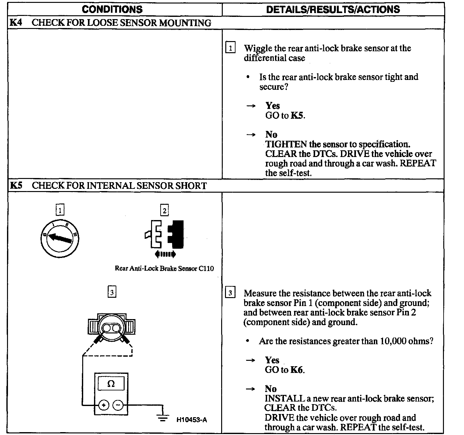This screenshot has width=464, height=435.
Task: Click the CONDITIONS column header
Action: (112, 9)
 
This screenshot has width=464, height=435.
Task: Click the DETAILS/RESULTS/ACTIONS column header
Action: (333, 9)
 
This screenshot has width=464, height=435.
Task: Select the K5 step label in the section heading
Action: (16, 185)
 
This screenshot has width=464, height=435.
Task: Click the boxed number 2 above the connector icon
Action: (164, 210)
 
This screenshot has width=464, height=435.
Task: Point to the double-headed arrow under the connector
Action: (165, 254)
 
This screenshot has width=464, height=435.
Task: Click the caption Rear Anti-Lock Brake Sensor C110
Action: (164, 268)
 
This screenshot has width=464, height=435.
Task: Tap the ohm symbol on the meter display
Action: (111, 384)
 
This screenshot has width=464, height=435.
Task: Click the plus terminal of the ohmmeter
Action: (103, 405)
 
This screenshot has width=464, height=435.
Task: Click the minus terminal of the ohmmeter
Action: (118, 405)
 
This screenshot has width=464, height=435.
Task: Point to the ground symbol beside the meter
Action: (163, 417)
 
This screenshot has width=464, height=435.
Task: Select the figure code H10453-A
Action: (192, 420)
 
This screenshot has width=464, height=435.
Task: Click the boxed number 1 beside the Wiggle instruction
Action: (230, 48)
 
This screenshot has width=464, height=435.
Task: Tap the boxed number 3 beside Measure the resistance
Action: (230, 293)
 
